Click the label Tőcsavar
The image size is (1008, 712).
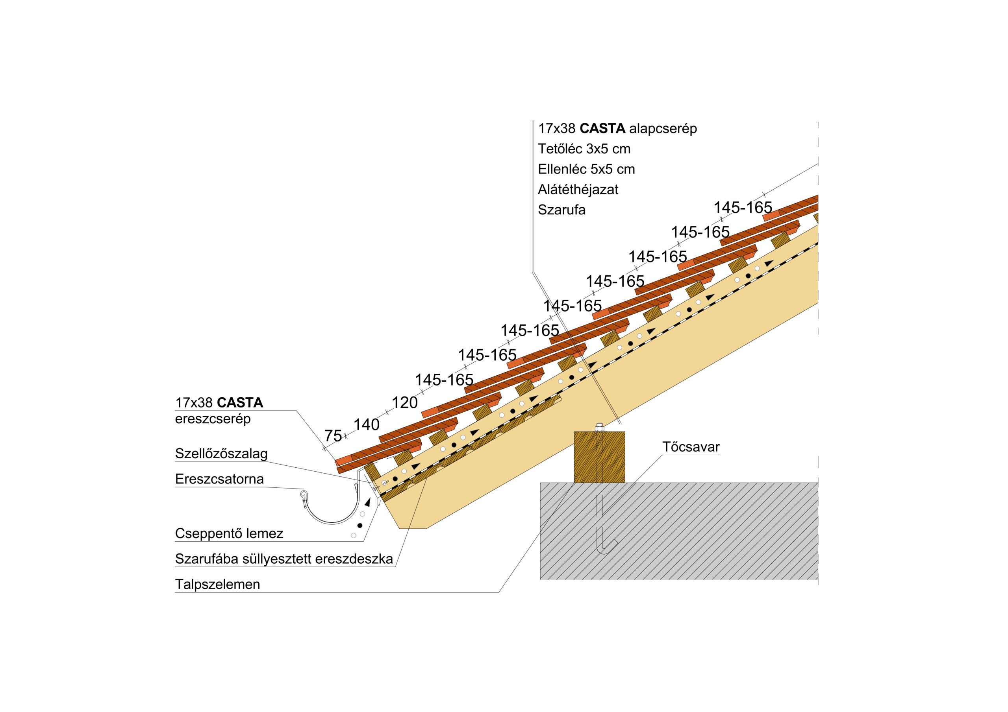pos(691,447)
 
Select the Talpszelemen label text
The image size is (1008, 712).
pos(217,584)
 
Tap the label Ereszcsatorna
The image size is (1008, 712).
pos(219,479)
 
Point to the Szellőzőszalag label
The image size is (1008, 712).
pos(221,454)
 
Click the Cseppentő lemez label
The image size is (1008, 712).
pos(229,533)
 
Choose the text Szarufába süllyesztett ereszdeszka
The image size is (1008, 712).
pos(283,559)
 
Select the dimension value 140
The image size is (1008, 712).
pos(367,425)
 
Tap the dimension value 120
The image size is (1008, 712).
pos(404,403)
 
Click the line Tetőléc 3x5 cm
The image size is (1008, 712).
pos(584,149)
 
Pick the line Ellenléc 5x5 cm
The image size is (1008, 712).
pos(586,169)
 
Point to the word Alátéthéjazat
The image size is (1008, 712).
pos(578,190)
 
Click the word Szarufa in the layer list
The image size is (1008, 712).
pos(561,210)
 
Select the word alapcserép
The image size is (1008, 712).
pos(663,129)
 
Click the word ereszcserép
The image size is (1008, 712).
pos(213,419)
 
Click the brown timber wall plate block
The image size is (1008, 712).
pos(599,457)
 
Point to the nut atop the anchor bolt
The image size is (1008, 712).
pos(599,427)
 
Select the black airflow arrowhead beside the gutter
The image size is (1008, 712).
pos(368,502)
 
